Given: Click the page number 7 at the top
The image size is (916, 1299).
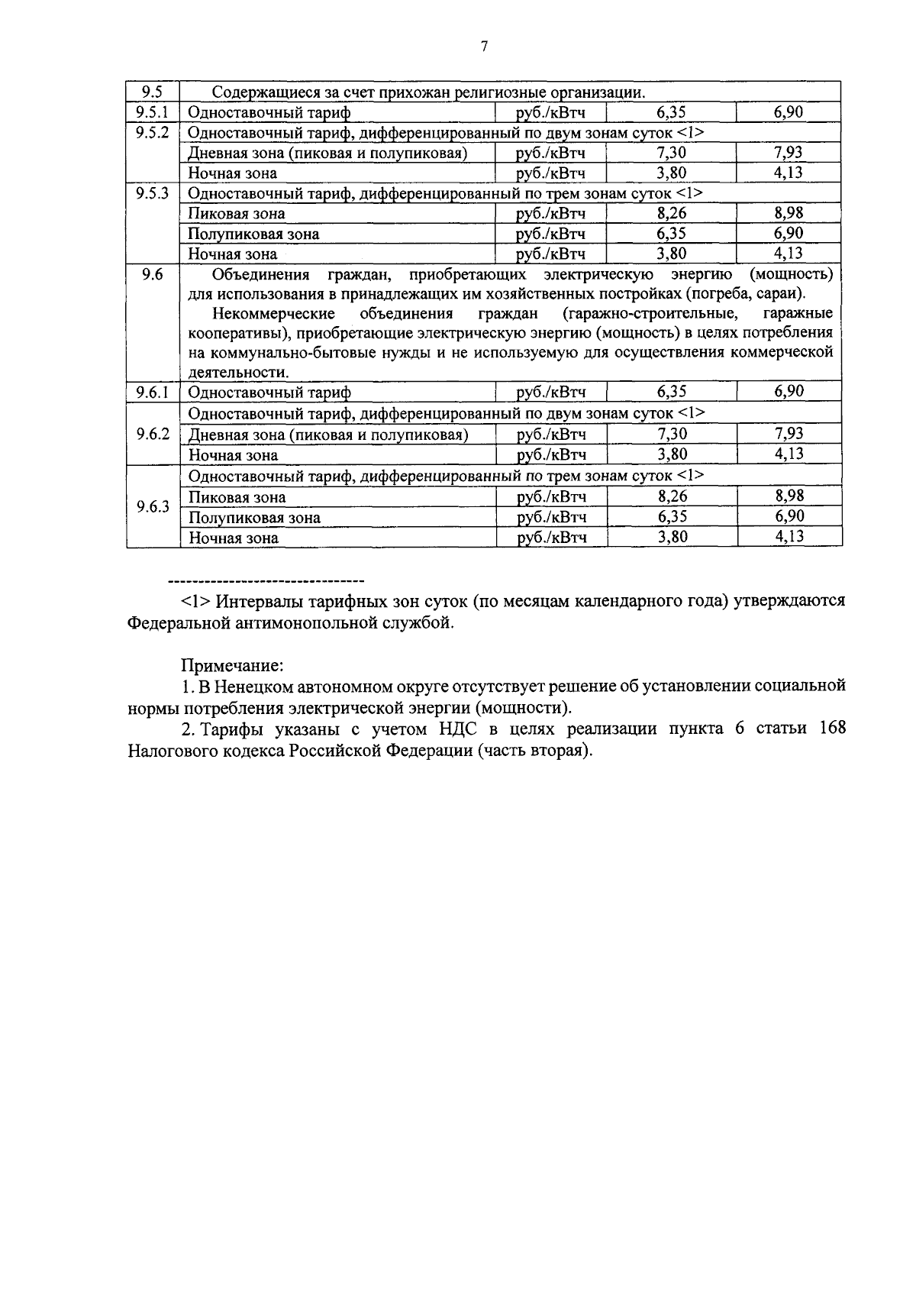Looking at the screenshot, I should [484, 47].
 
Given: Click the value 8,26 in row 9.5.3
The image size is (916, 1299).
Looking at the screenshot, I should [672, 213].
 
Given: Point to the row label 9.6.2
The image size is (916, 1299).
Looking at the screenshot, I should [152, 435].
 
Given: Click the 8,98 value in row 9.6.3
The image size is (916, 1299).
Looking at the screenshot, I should [789, 496].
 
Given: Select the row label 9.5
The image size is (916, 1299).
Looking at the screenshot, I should [152, 92].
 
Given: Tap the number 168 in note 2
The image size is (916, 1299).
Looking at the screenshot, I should [831, 728].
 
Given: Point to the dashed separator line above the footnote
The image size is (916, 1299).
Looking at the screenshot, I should [265, 580].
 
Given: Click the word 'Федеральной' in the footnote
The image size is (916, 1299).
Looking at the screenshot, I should [177, 623].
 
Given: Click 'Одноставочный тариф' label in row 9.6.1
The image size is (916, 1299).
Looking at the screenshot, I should [269, 393].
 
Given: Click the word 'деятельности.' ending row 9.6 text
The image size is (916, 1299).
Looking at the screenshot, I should [239, 373].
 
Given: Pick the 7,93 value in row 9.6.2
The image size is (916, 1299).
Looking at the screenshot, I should [789, 434].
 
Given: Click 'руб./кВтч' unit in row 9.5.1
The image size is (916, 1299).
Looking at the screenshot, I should [550, 113].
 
